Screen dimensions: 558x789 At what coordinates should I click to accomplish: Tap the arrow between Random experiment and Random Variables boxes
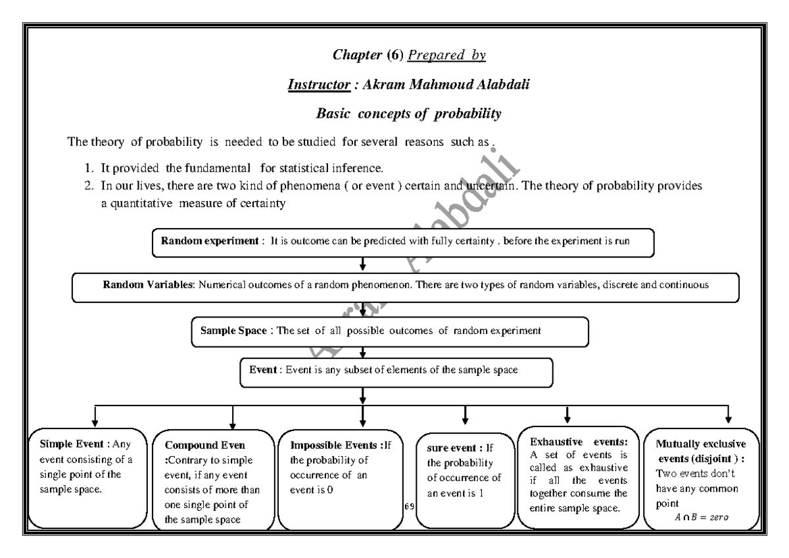[x=363, y=264]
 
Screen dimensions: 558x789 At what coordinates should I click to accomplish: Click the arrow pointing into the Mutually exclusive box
[x=729, y=415]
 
